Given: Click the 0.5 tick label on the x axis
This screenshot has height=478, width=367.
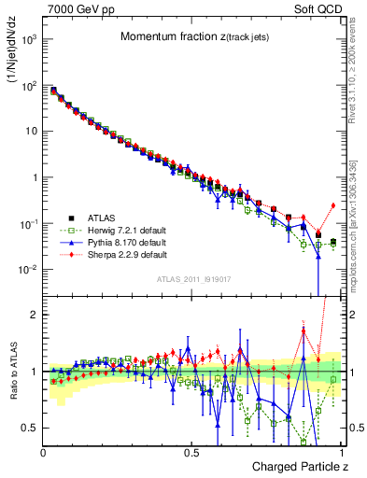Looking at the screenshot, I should point(191,452).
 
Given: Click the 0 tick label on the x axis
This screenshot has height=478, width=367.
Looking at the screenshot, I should point(44,452).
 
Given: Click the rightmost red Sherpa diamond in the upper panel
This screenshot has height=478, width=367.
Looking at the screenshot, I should point(332,205).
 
